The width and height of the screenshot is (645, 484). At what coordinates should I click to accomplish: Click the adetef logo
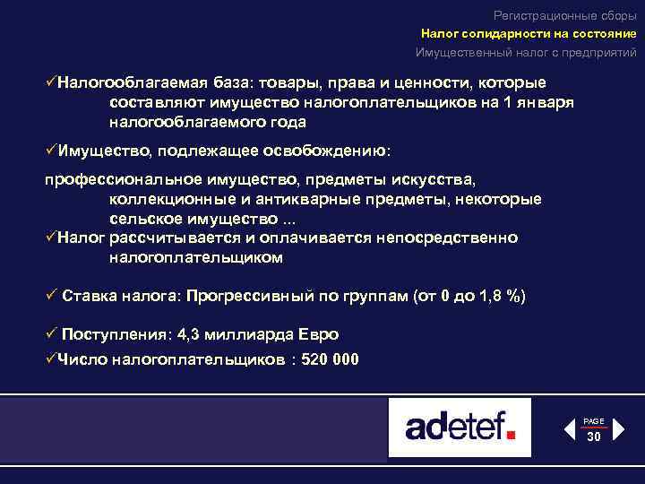click(x=460, y=427)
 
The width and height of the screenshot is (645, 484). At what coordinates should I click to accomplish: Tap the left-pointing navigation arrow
click(x=570, y=430)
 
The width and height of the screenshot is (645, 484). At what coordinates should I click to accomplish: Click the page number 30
click(x=594, y=437)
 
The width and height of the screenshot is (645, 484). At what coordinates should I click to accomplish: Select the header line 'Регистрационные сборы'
click(x=565, y=15)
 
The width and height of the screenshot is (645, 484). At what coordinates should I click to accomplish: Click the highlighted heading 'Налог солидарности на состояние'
click(x=529, y=34)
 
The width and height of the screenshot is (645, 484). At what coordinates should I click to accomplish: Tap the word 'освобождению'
click(x=331, y=149)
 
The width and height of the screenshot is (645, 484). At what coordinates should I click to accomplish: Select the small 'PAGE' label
click(x=594, y=421)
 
